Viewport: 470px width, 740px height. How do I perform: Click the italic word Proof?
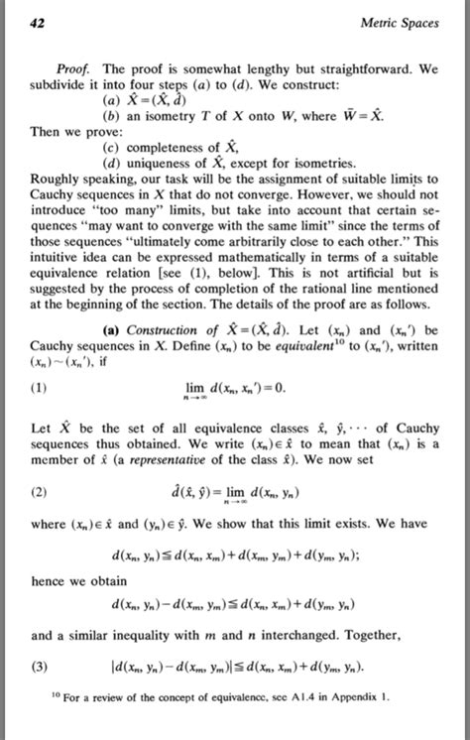click(75, 70)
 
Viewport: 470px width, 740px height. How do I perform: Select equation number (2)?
click(40, 491)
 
